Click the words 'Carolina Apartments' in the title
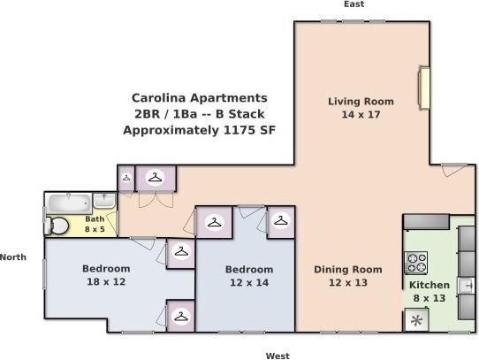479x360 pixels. click(x=199, y=98)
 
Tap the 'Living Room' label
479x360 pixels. click(x=361, y=102)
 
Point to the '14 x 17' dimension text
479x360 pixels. click(x=361, y=115)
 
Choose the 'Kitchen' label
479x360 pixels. click(x=429, y=286)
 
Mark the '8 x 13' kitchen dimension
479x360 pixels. click(x=429, y=299)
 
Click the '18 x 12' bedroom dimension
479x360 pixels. click(x=106, y=282)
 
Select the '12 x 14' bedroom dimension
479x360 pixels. click(x=248, y=283)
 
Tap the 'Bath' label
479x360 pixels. click(x=95, y=218)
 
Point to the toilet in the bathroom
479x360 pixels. click(x=57, y=226)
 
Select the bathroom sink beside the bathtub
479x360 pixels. click(x=104, y=200)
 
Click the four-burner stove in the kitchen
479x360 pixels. click(x=416, y=263)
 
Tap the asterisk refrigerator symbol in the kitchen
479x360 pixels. click(x=414, y=320)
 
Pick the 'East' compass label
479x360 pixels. click(x=354, y=4)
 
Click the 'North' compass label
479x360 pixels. click(x=12, y=257)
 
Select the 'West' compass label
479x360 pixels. click(x=278, y=356)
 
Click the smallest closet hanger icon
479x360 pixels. click(x=125, y=178)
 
